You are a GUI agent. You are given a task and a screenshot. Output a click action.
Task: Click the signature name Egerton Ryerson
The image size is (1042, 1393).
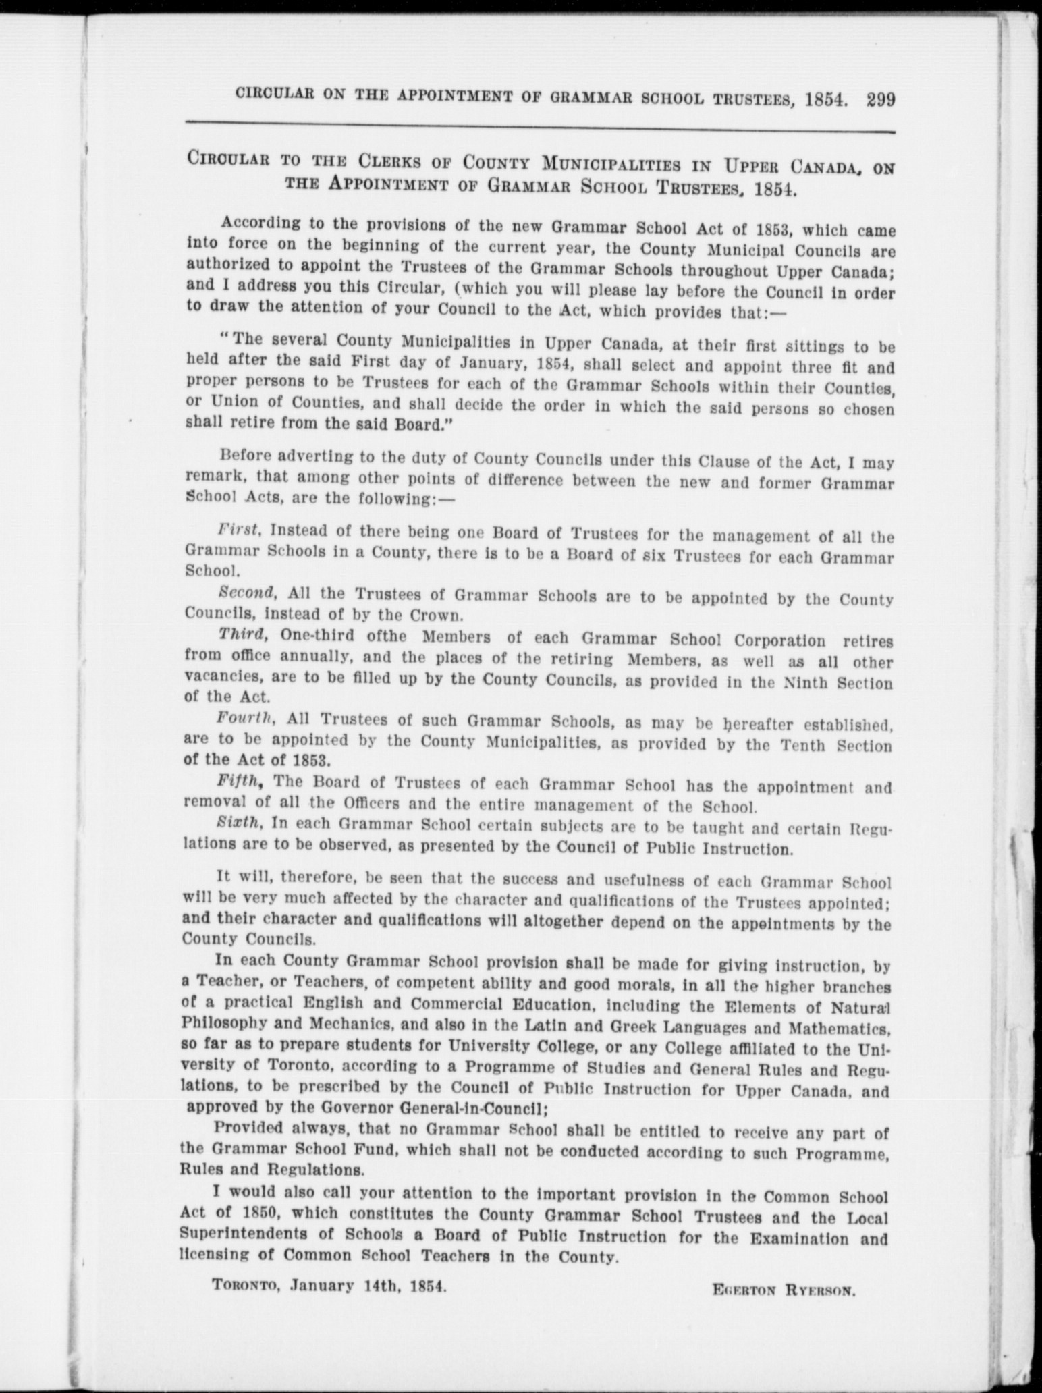pyautogui.click(x=784, y=1292)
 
